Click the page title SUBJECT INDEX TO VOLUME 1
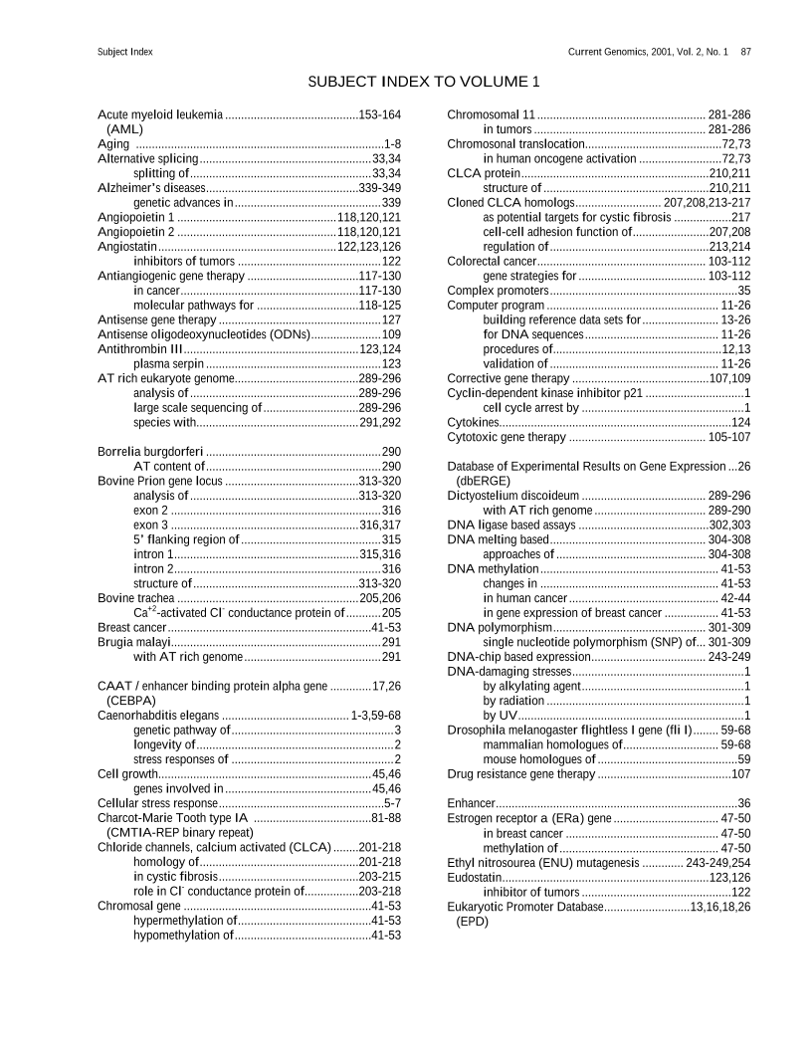point(424,81)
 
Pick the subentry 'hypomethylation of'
point(184,936)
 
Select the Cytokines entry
point(473,423)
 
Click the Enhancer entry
point(472,803)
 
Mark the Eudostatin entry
point(477,877)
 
